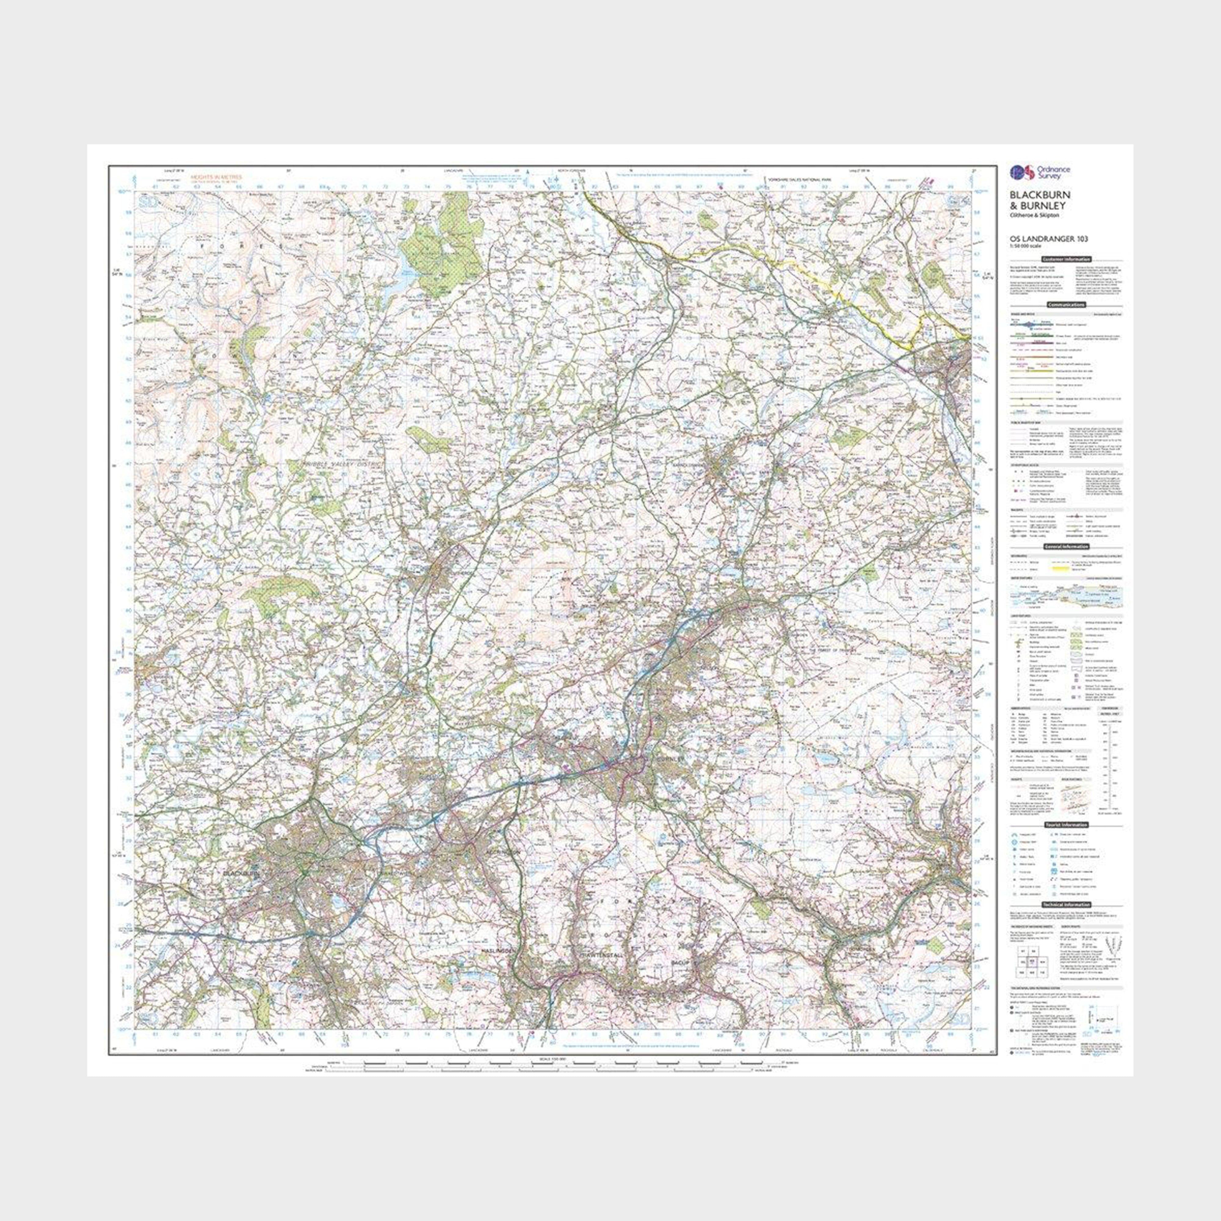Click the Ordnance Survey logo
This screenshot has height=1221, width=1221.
pyautogui.click(x=1031, y=171)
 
